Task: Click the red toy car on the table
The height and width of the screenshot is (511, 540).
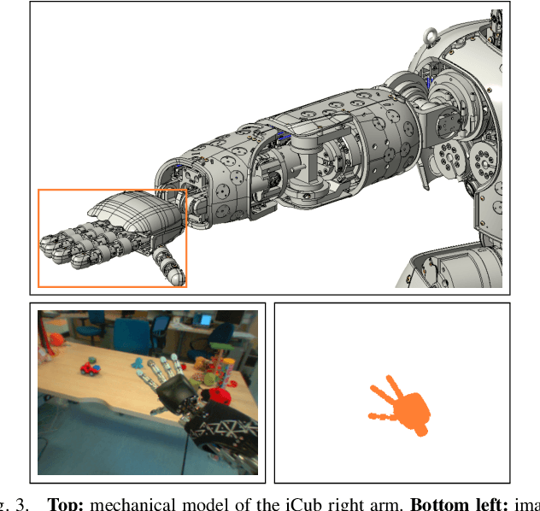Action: click(89, 368)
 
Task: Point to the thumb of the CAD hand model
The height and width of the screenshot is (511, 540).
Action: click(168, 264)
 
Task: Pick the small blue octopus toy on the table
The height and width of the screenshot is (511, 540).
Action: click(138, 368)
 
